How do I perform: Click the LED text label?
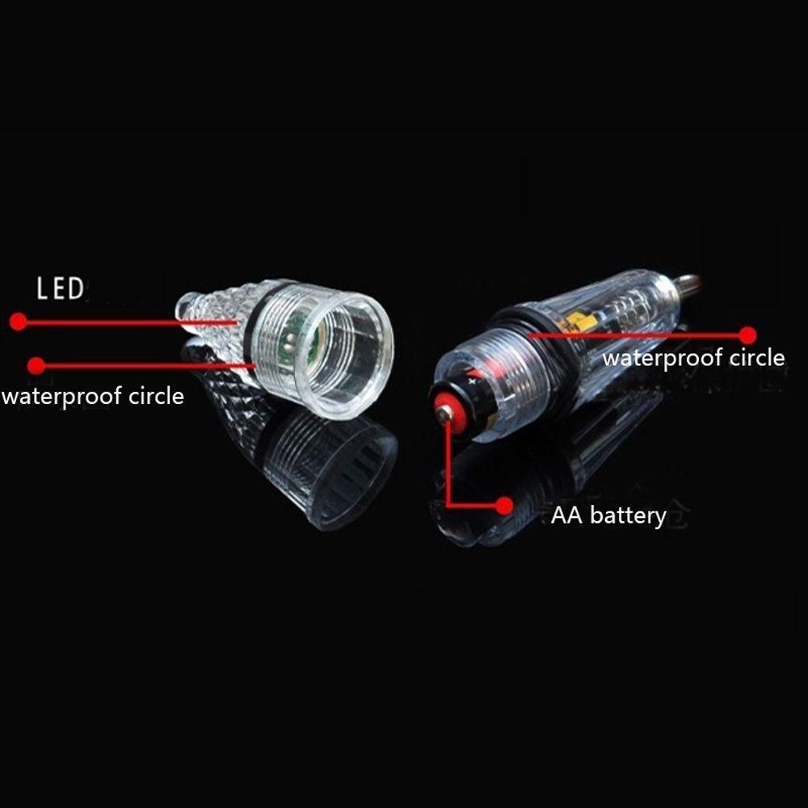point(61,288)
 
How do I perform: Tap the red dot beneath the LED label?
point(18,322)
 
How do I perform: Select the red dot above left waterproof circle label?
point(36,365)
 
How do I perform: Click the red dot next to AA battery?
point(505,506)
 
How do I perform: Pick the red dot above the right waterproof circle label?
point(747,335)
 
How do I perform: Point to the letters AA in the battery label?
point(567,515)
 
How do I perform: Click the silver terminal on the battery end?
point(444,414)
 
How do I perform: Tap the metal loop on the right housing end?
point(688,284)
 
